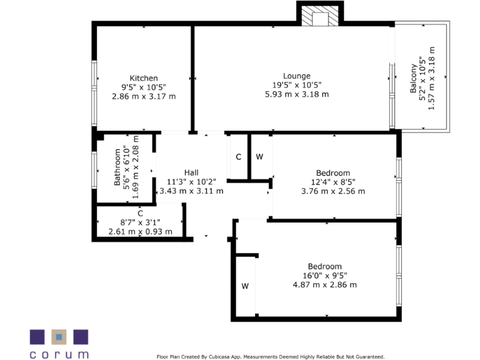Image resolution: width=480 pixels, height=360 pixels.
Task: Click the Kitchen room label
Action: (143, 78)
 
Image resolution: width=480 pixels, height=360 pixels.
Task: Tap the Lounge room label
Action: (296, 76)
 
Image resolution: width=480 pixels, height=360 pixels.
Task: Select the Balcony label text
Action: (413, 79)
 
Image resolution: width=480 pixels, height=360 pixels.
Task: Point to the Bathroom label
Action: (117, 167)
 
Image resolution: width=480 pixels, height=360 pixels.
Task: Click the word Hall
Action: (191, 172)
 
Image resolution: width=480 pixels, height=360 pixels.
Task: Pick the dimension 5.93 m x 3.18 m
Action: (296, 94)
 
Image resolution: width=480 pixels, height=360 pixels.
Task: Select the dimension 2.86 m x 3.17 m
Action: (143, 96)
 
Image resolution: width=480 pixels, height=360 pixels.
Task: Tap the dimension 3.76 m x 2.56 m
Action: (332, 191)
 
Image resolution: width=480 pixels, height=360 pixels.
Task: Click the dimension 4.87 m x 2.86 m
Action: (324, 285)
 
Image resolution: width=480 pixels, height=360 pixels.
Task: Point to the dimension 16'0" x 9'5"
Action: (324, 276)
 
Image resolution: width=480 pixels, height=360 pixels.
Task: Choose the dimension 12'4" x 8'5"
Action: (332, 182)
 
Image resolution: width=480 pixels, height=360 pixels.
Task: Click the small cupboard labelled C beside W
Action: (238, 157)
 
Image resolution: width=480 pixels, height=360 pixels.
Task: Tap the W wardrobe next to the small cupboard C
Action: (259, 157)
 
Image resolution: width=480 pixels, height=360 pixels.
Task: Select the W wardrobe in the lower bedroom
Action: (245, 286)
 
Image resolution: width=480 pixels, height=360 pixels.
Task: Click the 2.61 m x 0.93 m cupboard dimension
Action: (140, 232)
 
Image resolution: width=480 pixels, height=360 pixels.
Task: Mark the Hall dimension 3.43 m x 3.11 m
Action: (191, 191)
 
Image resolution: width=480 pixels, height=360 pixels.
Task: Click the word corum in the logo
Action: (59, 354)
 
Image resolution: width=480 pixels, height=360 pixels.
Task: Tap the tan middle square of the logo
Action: (59, 336)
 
